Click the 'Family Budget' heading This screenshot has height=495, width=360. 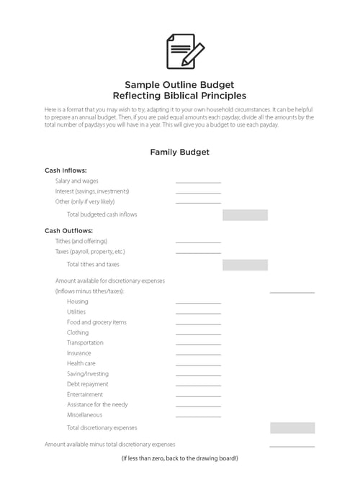click(179, 152)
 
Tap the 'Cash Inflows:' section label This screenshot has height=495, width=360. click(66, 171)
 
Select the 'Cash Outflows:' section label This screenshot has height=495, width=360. click(68, 231)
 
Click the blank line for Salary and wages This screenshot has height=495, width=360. click(198, 182)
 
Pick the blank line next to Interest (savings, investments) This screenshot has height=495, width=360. click(198, 192)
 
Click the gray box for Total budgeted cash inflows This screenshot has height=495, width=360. click(245, 214)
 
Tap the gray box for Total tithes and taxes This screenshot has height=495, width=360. click(245, 265)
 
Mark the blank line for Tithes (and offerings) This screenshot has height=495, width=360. click(198, 242)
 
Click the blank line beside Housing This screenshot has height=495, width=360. click(198, 303)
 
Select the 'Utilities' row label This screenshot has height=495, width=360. click(76, 312)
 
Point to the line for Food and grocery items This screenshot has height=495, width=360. click(198, 323)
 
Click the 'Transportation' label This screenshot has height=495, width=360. click(85, 343)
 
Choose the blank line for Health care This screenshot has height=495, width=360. click(198, 364)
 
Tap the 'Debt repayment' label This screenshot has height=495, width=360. click(87, 384)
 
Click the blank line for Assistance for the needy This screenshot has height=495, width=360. click(198, 406)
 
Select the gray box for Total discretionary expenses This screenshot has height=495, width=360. click(292, 428)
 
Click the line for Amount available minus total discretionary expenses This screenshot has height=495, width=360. click(292, 446)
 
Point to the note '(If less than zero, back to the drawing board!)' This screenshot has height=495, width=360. click(179, 459)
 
